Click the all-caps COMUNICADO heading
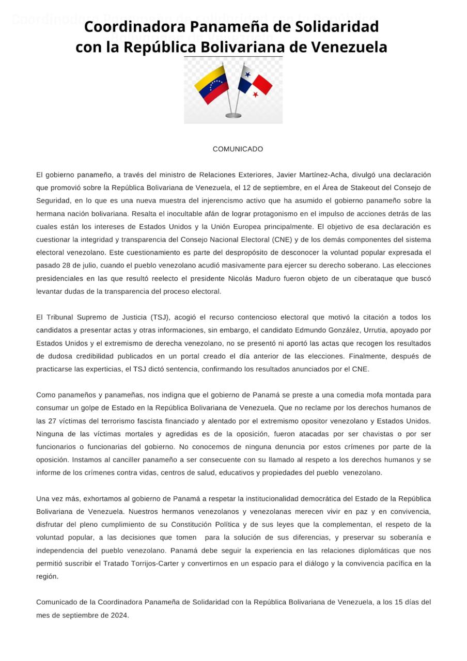pyautogui.click(x=238, y=149)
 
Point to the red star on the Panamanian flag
pyautogui.click(x=255, y=95)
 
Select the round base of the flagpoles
pyautogui.click(x=233, y=116)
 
